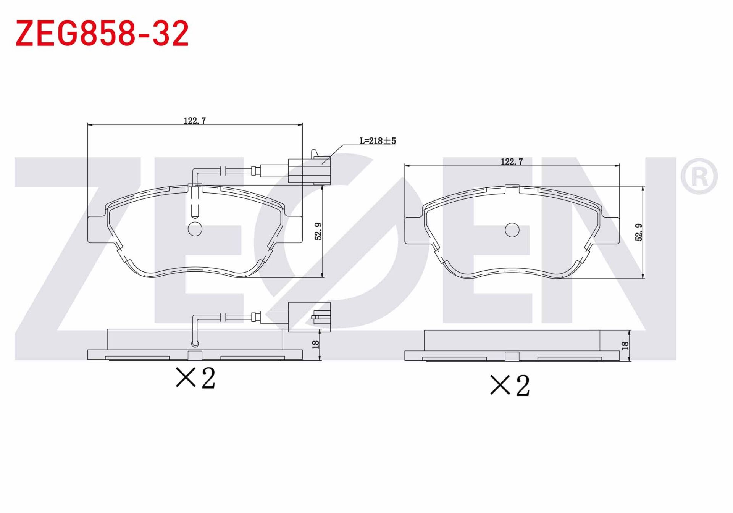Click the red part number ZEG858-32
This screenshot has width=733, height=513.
(x=102, y=33)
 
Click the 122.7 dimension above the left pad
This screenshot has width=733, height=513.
(x=195, y=121)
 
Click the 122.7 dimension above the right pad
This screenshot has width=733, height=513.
(x=512, y=162)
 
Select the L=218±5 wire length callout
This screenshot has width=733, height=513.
(x=378, y=141)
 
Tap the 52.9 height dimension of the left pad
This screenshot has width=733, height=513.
(x=318, y=231)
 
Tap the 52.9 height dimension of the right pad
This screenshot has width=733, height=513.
(x=639, y=232)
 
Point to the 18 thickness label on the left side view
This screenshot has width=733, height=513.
(x=316, y=345)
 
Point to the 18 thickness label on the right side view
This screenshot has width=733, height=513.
(x=625, y=346)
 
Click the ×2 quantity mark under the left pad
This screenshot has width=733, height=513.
(x=195, y=378)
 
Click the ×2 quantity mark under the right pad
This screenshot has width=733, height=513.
(x=510, y=385)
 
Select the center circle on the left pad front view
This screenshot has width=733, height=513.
(x=195, y=229)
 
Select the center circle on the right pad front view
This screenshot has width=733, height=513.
(x=512, y=230)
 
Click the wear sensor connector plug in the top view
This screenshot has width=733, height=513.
(x=309, y=170)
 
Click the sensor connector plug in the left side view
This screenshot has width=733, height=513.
(x=309, y=317)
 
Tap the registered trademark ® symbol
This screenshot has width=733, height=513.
(x=699, y=176)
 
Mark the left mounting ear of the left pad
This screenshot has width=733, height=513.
(x=96, y=229)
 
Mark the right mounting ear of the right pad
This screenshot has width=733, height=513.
(x=611, y=230)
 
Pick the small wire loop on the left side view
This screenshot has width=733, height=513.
(x=195, y=344)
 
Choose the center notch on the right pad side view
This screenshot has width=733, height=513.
(x=512, y=357)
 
